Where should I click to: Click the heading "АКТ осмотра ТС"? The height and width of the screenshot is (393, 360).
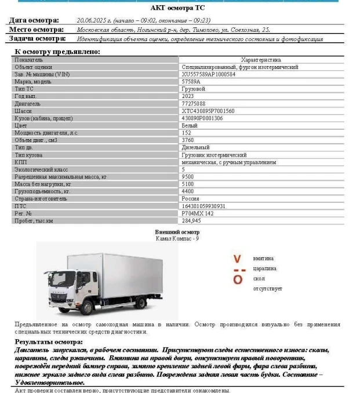click(177, 8)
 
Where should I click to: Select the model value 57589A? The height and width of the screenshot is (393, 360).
click(191, 82)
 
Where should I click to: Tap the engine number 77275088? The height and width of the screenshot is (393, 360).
click(193, 103)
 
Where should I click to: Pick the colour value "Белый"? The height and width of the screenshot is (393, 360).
click(189, 125)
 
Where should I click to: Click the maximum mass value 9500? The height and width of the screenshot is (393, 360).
click(187, 176)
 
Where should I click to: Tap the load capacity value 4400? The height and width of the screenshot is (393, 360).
click(187, 191)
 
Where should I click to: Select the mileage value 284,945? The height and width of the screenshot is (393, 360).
click(191, 220)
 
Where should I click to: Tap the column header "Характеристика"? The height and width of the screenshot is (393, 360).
click(261, 60)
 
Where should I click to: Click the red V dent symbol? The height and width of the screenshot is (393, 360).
click(237, 259)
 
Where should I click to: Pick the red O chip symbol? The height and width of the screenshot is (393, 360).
click(237, 279)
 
